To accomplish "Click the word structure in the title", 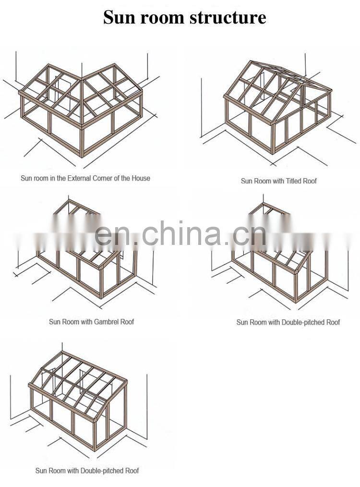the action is point(228,17).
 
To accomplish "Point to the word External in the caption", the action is point(79,178).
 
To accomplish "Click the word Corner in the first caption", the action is point(102,178).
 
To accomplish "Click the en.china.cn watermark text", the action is point(180,233).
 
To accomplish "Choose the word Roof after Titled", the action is point(310,181).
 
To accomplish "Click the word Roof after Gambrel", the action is point(127,321).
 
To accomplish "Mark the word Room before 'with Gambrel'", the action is point(71,321).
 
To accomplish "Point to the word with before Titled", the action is point(278,181).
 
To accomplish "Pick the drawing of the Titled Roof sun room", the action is point(278,109).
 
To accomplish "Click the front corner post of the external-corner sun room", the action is point(83,142).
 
